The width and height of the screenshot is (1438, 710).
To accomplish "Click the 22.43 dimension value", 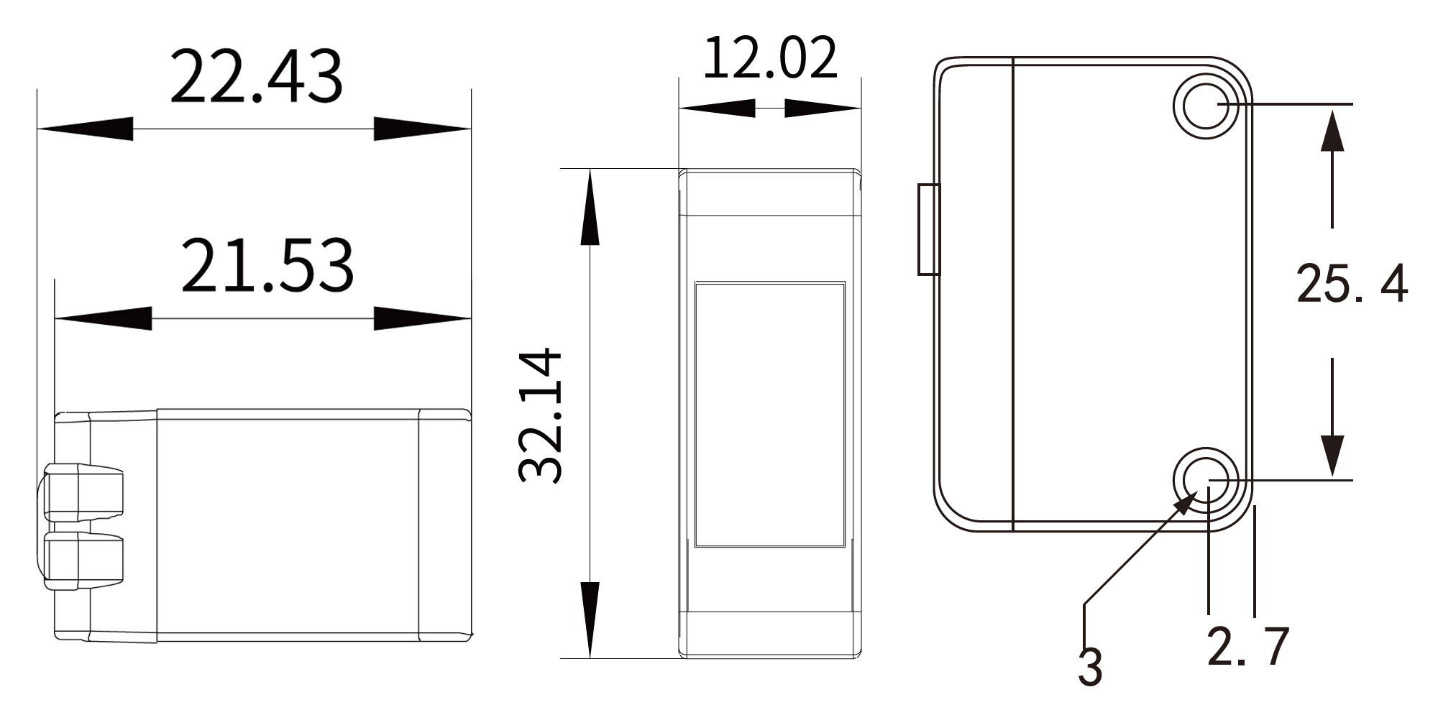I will [256, 77].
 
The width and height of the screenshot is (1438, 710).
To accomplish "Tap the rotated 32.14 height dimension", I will [540, 415].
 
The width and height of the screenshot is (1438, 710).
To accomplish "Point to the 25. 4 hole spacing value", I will [1351, 284].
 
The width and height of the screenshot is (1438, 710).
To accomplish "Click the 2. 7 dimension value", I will [1248, 647].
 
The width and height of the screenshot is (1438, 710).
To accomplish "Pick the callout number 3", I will [1090, 667].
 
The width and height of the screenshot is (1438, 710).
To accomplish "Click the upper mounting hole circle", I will [1206, 106].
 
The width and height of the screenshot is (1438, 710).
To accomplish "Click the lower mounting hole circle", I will [1206, 479].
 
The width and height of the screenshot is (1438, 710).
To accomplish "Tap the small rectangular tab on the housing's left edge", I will [929, 229].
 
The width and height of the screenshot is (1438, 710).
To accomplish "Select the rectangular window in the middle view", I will [769, 415].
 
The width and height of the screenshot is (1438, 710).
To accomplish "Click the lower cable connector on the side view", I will [83, 560].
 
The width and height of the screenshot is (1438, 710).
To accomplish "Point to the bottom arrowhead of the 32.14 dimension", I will [590, 619].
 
